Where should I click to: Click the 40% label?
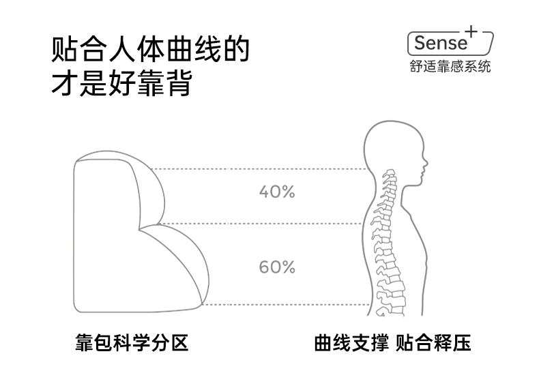[x=276, y=192]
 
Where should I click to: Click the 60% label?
[x=276, y=267]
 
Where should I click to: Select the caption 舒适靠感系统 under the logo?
[x=450, y=67]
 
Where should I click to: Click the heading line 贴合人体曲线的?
[x=150, y=52]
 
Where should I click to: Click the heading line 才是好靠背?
[x=121, y=85]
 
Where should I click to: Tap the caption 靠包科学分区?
[x=131, y=342]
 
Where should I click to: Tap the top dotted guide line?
[x=259, y=169]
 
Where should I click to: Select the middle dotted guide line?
[x=259, y=224]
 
